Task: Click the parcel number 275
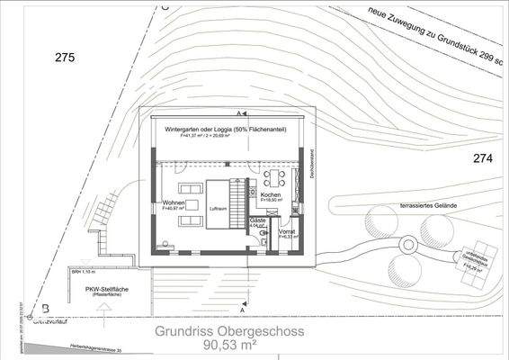tap(64, 58)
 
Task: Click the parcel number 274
tap(485, 159)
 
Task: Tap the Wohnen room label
tap(174, 204)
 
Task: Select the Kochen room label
tap(272, 196)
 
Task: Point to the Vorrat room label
tap(287, 231)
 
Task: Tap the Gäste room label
tap(257, 220)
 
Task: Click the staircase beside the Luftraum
tap(239, 203)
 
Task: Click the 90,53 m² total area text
tap(228, 346)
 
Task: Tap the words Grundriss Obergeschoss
tap(228, 330)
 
